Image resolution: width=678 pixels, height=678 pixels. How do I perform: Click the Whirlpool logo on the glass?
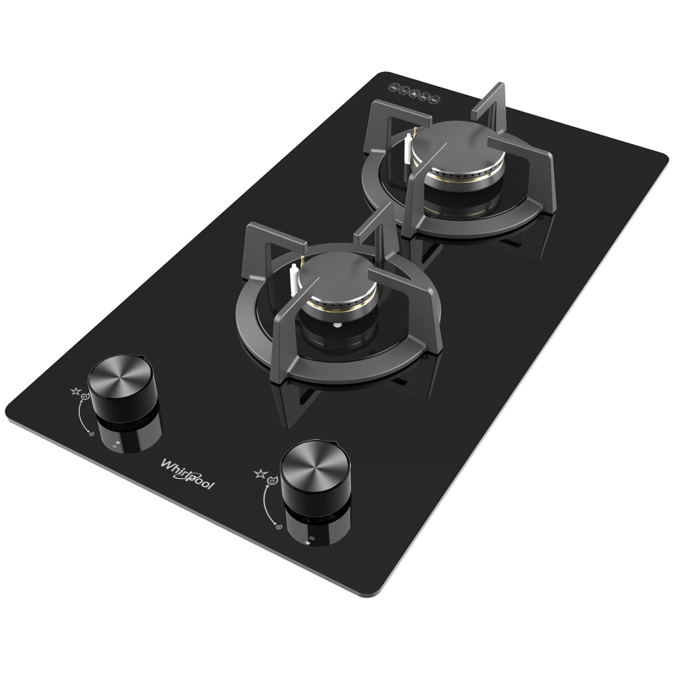point(188,472)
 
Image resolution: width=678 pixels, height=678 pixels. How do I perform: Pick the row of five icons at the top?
point(414,93)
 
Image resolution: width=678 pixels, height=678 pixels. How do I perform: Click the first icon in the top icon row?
point(393,88)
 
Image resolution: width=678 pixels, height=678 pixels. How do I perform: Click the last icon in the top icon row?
point(435,98)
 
